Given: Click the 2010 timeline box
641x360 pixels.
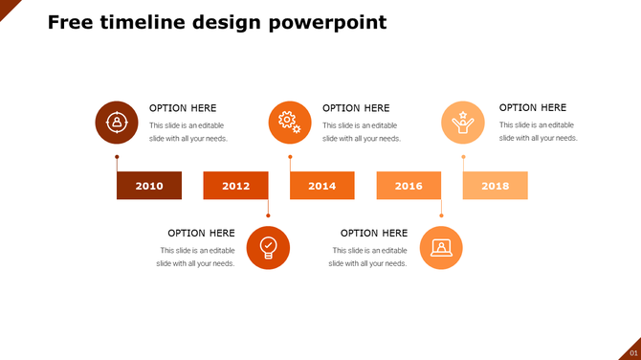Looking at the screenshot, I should [x=149, y=186].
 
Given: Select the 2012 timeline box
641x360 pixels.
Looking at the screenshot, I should [x=235, y=186].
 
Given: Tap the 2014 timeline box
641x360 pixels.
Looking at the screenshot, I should [x=322, y=186].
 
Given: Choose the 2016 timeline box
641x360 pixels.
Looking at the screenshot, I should [x=409, y=186].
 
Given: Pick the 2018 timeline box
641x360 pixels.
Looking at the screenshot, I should [x=496, y=186].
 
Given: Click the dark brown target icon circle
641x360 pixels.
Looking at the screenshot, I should [x=117, y=123].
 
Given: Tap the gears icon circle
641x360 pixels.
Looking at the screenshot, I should [x=290, y=123].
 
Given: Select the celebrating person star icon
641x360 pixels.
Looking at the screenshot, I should [x=463, y=123].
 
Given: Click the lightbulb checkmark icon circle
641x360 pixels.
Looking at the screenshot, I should [x=268, y=248].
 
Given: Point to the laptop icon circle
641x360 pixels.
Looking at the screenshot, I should [x=441, y=248].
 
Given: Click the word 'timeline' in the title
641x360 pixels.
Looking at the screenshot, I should [x=144, y=22].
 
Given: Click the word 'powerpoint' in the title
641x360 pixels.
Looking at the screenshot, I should [x=331, y=22].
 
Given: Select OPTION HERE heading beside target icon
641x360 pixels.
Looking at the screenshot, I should [x=183, y=108].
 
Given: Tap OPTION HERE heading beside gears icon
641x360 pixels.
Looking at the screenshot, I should [x=356, y=108].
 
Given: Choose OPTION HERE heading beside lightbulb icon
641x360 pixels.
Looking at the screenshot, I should [x=201, y=233].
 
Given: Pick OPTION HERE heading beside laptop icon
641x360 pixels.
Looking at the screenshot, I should [x=374, y=233].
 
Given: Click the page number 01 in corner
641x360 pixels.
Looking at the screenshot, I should [x=632, y=353].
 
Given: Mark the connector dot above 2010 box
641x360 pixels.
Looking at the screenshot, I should [x=117, y=156].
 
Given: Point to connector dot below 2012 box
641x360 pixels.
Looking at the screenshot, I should [x=268, y=215].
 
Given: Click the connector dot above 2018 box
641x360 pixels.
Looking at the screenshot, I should [x=463, y=156].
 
